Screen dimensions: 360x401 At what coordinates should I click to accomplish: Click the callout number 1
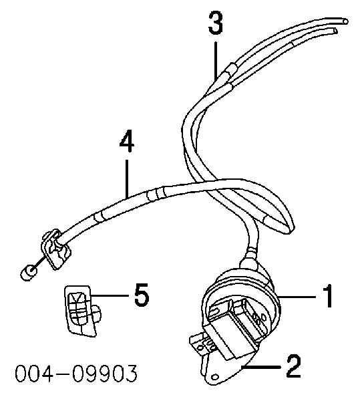pos(328,295)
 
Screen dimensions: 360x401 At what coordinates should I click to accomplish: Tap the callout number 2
pos(294,366)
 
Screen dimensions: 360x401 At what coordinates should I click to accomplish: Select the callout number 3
pos(216,23)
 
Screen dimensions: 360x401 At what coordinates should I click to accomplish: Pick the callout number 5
pos(142,295)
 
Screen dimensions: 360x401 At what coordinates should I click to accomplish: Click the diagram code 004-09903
pos(76,374)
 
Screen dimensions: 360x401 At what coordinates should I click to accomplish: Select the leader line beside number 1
pos(297,297)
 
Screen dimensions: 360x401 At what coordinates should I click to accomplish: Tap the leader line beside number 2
pos(261,367)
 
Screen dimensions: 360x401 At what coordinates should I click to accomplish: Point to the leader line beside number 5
pos(110,295)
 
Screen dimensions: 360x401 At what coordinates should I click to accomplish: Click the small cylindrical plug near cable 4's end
pos(29,273)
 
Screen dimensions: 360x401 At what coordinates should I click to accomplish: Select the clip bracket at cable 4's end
pos(55,249)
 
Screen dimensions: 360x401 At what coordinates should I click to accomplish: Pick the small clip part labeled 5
pos(82,310)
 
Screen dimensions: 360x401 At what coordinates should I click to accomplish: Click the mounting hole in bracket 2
pos(215,376)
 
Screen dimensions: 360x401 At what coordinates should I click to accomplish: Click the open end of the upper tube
pos(345,21)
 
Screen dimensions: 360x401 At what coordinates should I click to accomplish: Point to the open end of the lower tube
pos(335,31)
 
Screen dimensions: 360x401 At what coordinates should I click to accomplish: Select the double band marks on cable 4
pos(156,194)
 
